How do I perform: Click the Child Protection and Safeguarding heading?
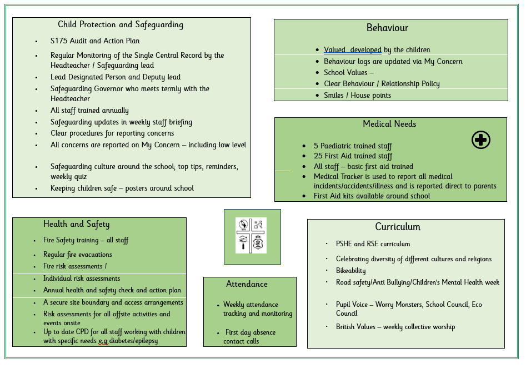point(121,24)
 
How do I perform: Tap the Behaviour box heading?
point(387,28)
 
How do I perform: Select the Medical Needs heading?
point(389,124)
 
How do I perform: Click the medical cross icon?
point(480,140)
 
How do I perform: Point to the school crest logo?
point(251,235)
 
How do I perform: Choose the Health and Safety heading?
point(77,224)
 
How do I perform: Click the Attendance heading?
point(247,284)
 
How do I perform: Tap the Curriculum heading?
point(398,227)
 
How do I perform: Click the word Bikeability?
point(350,271)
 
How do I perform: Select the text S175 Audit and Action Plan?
point(95,41)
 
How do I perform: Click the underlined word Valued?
point(335,50)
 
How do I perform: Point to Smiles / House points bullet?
point(357,96)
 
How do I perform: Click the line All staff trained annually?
point(89,111)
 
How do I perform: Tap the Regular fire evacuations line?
point(78,255)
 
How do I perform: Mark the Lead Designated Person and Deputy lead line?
point(116,77)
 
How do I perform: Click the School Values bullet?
point(348,73)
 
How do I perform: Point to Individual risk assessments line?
point(82,279)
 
